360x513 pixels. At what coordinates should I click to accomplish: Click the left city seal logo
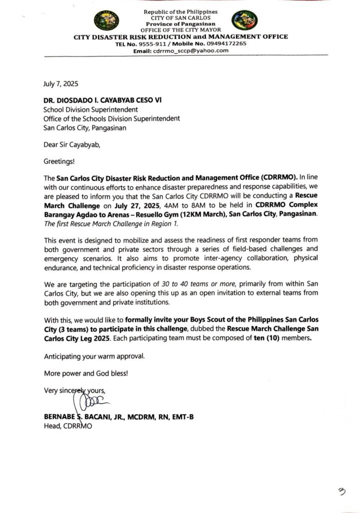click(x=106, y=21)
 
